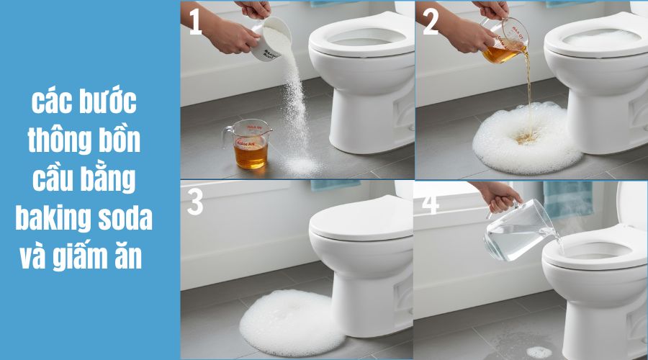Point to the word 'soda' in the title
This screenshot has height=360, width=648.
127,217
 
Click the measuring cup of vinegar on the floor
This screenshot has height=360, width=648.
249,145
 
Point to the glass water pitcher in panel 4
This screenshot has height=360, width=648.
516,230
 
